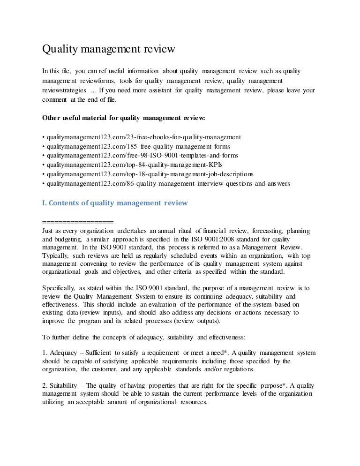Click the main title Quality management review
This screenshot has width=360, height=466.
pos(109,49)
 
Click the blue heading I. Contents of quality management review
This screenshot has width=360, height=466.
pos(115,203)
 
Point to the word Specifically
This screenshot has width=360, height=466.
pos(59,288)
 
